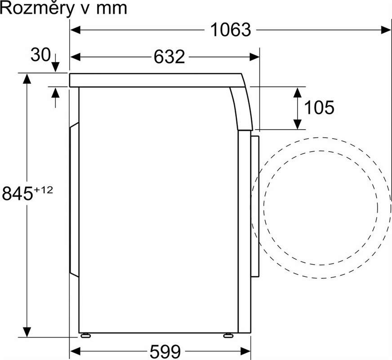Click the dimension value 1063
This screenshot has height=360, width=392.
point(231,30)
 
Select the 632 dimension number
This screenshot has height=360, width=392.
point(169,57)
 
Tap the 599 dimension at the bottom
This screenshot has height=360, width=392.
point(165,352)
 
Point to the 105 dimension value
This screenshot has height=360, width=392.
point(319,108)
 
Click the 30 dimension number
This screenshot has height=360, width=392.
point(40,55)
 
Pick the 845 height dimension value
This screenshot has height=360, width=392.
point(18,193)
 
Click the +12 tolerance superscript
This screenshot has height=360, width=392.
point(44,190)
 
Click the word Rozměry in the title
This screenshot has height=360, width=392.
point(38,9)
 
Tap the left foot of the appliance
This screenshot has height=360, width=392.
point(85,336)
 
